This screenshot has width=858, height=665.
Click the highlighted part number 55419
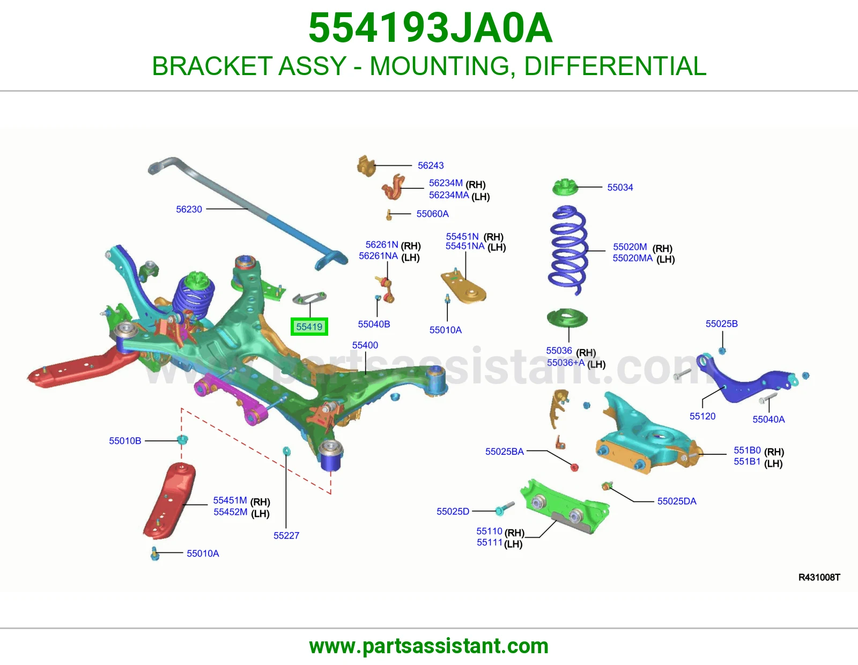pos(309,327)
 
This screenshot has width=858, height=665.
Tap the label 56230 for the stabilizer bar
pos(189,209)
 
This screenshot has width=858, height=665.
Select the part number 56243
pos(431,165)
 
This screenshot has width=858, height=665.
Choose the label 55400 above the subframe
pos(365,345)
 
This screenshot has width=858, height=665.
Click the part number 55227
pos(286,535)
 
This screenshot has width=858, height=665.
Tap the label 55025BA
pos(504,451)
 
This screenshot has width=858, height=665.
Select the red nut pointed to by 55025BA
pos(574,467)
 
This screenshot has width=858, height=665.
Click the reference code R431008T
pos(819,577)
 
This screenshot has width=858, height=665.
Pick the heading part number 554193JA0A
pos(430,28)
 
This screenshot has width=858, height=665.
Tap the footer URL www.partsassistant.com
pos(429,646)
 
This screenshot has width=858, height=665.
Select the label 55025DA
pos(676,501)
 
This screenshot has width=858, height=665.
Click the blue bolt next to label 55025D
pos(505,508)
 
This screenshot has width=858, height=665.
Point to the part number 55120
pos(702,416)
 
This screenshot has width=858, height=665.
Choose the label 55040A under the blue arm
pos(768,419)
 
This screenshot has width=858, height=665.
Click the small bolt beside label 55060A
pos(389,215)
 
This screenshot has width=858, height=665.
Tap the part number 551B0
pos(746,450)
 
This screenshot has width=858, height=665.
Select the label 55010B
pos(125,440)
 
